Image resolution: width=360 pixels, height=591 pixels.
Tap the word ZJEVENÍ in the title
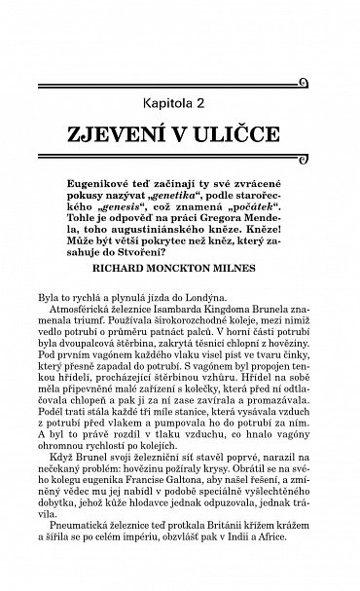(x=126, y=132)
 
